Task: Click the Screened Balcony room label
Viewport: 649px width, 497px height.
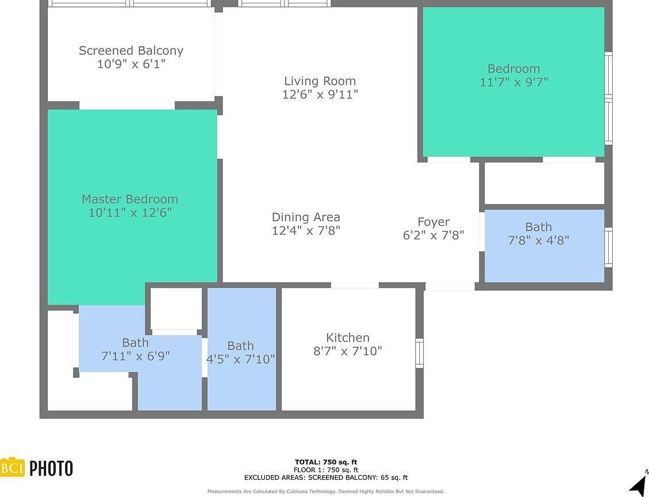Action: coord(131,51)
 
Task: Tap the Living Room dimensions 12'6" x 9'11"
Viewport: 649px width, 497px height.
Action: coord(320,95)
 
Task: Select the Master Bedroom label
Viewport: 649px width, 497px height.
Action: coord(130,199)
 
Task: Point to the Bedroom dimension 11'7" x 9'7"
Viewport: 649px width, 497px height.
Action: coord(514,82)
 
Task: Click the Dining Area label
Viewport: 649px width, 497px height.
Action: coord(306,217)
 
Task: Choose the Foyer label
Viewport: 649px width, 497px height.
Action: coord(433,222)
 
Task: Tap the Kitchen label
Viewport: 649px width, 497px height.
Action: coord(347,338)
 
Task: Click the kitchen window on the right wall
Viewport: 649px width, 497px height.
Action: coord(419,353)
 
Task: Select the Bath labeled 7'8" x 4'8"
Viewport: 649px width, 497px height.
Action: coord(538,234)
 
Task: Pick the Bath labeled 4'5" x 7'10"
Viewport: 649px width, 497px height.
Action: coord(240,352)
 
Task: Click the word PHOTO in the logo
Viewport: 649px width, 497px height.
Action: coord(51,468)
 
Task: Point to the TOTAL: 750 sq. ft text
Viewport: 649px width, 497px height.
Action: coord(325,462)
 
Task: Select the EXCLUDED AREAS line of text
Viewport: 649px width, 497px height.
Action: coord(325,477)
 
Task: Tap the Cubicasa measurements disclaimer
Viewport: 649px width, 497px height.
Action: coord(325,491)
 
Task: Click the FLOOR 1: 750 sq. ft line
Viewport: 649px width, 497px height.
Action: coord(325,470)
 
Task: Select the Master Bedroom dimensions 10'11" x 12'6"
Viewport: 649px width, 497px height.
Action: coord(130,213)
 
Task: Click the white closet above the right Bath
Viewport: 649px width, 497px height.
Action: coord(544,183)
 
